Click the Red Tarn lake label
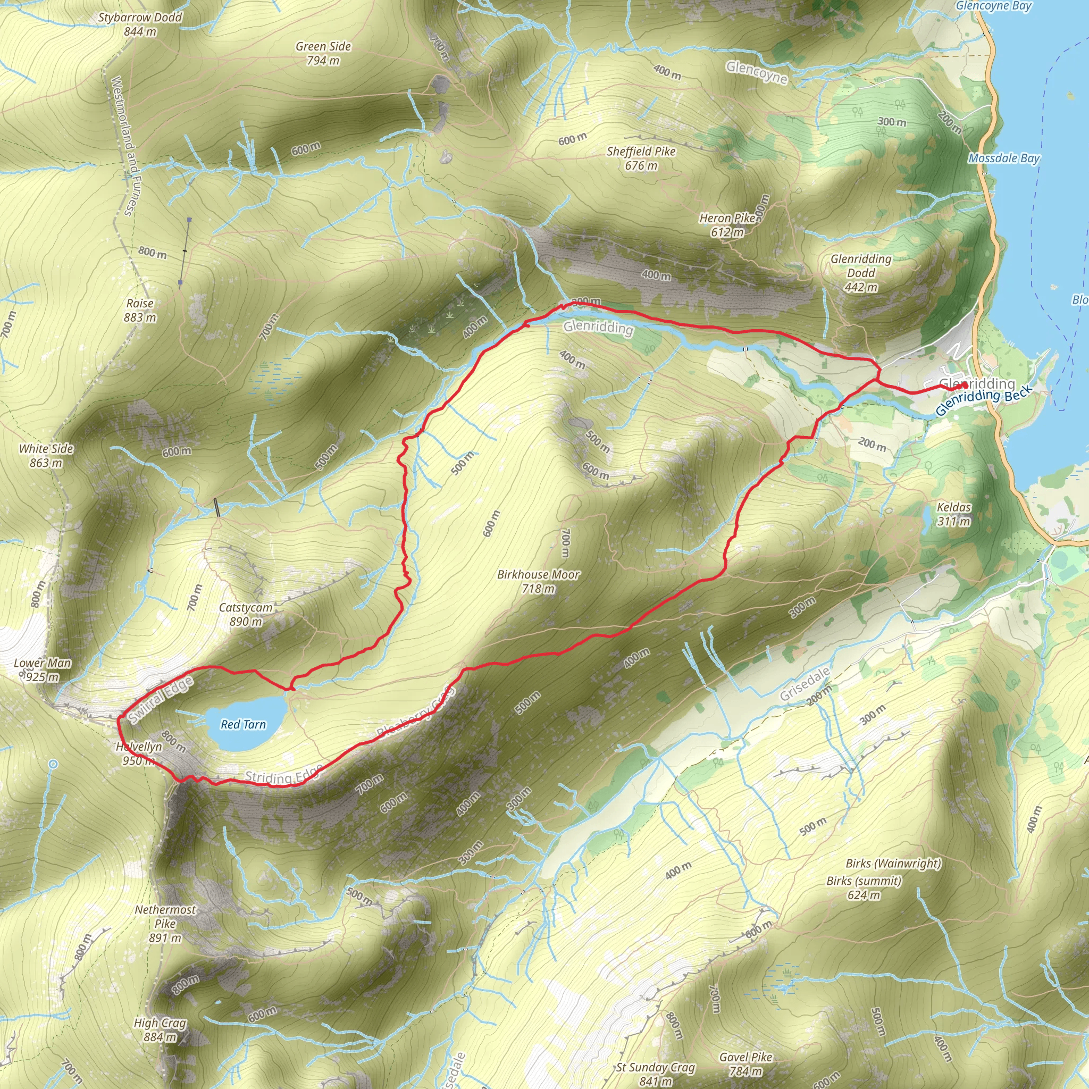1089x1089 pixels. pyautogui.click(x=243, y=724)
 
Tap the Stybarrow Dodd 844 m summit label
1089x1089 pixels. pyautogui.click(x=140, y=24)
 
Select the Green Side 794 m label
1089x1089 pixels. pyautogui.click(x=323, y=54)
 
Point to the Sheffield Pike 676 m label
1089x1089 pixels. pyautogui.click(x=641, y=158)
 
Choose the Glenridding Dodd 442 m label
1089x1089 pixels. pyautogui.click(x=861, y=273)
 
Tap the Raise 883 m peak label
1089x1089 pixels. pyautogui.click(x=140, y=310)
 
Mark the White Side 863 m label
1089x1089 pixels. pyautogui.click(x=46, y=456)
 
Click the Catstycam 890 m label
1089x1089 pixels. pyautogui.click(x=246, y=614)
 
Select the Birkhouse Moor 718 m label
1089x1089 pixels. pyautogui.click(x=538, y=581)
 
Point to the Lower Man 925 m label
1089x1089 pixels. pyautogui.click(x=43, y=669)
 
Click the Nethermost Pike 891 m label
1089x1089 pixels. pyautogui.click(x=165, y=924)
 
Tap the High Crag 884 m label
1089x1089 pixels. pyautogui.click(x=160, y=1030)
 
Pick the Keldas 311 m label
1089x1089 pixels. pyautogui.click(x=954, y=514)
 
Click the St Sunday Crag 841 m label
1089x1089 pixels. pyautogui.click(x=656, y=1074)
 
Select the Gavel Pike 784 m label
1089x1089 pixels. pyautogui.click(x=745, y=1064)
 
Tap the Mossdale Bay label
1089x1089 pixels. pyautogui.click(x=1004, y=158)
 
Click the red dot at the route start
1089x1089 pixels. pyautogui.click(x=965, y=385)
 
